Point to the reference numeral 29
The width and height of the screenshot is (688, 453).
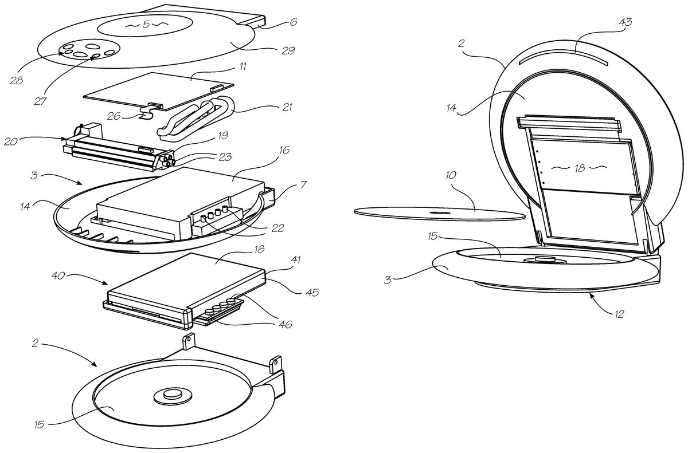(288, 50)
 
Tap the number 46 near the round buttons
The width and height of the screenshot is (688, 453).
(285, 324)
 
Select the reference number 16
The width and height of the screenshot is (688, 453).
(284, 150)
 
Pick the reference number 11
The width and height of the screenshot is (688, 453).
(243, 67)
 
